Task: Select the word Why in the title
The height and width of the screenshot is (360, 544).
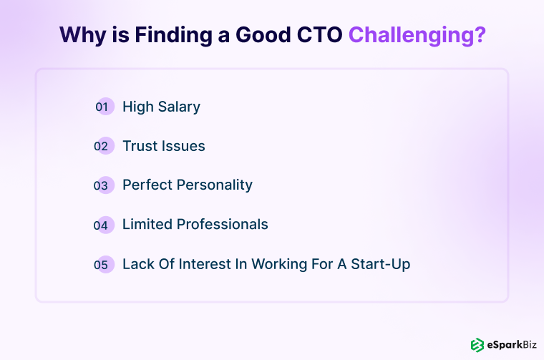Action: click(82, 35)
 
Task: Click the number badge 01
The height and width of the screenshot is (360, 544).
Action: click(104, 107)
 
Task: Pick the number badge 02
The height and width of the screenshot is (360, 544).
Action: click(104, 146)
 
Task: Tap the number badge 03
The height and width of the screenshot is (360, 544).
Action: click(104, 185)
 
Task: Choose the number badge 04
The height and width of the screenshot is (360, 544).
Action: click(104, 225)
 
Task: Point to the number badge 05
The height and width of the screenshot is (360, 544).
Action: click(104, 264)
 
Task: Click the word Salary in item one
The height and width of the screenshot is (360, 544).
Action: click(178, 107)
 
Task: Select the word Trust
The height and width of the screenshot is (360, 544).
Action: click(140, 146)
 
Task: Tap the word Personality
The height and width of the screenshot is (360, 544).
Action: click(215, 185)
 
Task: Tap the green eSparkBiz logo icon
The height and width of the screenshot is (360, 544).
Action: click(477, 344)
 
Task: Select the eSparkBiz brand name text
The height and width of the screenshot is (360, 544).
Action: click(511, 344)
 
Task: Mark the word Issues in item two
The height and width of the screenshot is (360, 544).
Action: click(183, 146)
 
